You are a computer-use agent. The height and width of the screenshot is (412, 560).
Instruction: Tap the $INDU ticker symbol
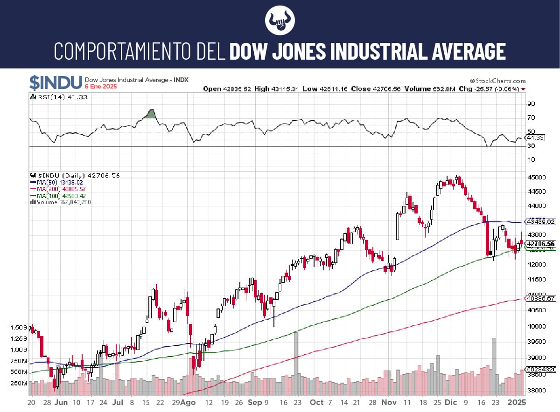(x=56, y=82)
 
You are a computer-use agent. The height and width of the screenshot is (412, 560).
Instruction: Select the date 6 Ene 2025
(x=101, y=87)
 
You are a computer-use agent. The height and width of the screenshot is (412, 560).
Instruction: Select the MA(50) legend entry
(x=56, y=182)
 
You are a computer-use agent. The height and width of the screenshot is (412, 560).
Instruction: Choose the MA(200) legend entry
(x=57, y=189)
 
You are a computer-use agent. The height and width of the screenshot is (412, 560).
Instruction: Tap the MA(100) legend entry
(x=57, y=196)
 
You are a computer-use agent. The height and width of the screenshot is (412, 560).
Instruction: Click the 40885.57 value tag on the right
(x=540, y=298)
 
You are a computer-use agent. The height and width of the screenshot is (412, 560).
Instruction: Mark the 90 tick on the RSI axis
(x=531, y=103)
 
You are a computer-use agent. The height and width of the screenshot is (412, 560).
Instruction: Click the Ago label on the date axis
(x=188, y=402)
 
